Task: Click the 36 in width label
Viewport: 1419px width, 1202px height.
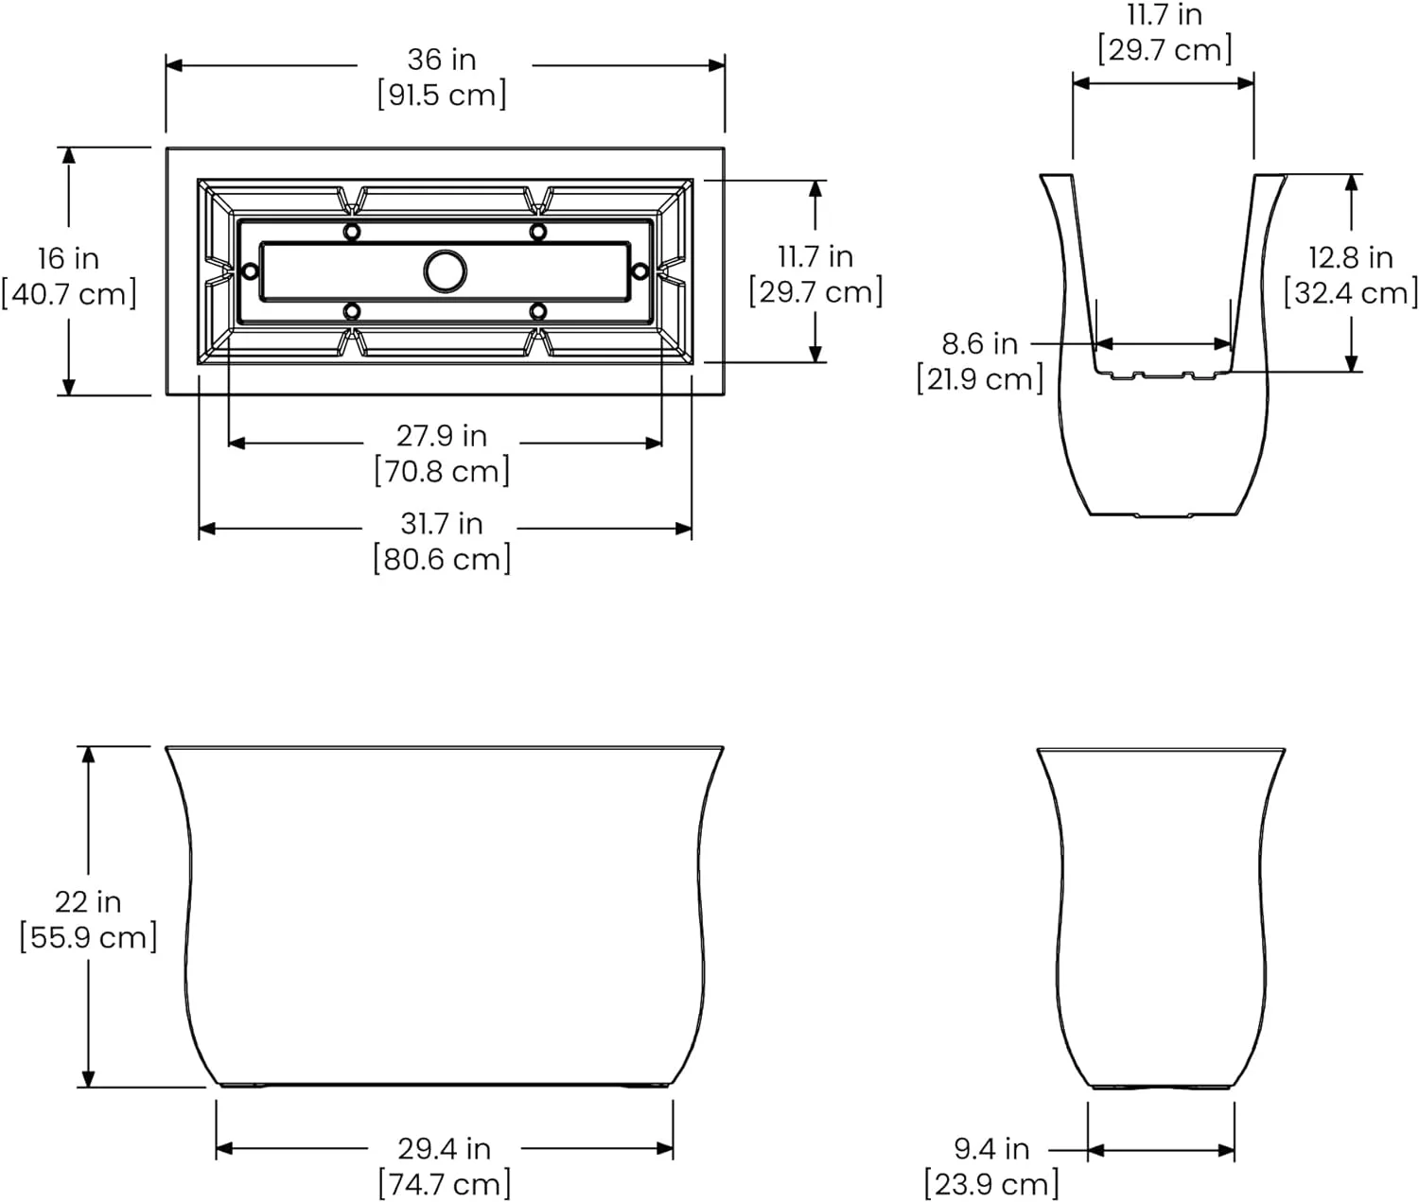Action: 442,60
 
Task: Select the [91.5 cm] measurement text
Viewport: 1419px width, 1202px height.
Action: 442,96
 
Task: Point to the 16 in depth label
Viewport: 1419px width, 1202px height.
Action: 68,258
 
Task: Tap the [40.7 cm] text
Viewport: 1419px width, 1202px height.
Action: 69,294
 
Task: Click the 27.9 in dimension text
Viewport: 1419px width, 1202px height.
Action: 442,436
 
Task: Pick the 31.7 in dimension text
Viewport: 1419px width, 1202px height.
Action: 442,523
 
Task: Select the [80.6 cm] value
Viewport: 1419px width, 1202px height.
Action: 442,559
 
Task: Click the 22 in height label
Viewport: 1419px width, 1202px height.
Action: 88,902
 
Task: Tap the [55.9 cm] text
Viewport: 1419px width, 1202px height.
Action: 88,938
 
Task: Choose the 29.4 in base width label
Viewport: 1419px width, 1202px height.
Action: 444,1148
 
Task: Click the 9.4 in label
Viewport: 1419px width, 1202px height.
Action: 991,1148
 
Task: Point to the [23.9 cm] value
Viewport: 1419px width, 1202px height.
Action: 991,1184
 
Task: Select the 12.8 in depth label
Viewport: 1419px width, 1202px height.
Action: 1351,257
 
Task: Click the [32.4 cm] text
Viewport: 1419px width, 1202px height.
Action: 1351,293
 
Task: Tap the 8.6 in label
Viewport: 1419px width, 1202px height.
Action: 980,343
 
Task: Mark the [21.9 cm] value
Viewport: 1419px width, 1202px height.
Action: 980,379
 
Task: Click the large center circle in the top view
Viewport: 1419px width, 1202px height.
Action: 445,271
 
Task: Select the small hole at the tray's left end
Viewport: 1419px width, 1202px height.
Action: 250,271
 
